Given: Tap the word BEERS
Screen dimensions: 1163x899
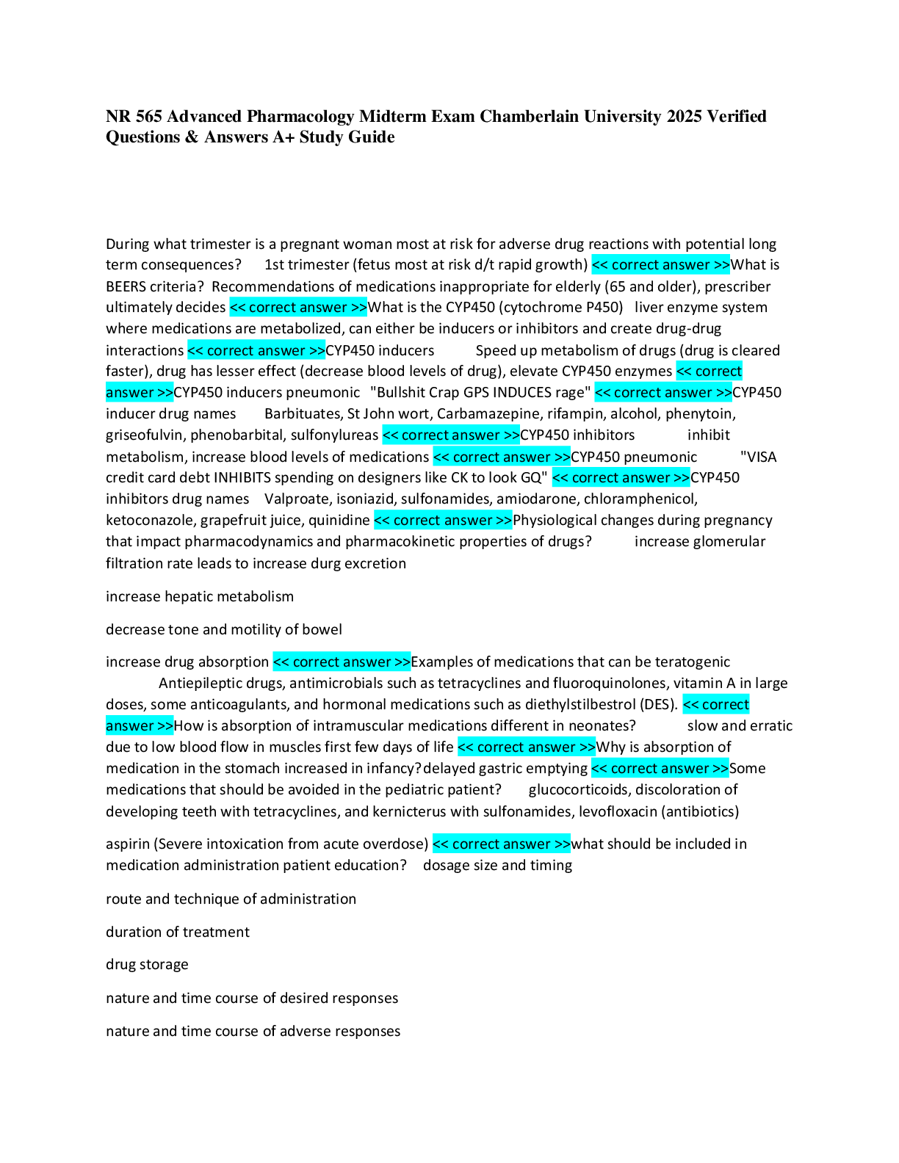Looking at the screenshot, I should click(126, 286).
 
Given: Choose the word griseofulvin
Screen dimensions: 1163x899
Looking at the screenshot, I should click(145, 435).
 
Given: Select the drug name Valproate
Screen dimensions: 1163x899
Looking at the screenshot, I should click(297, 499).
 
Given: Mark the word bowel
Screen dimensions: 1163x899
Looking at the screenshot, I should click(322, 629).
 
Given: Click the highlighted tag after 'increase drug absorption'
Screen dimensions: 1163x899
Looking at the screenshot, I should click(342, 662).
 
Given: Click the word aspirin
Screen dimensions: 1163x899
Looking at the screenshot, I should click(127, 844).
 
